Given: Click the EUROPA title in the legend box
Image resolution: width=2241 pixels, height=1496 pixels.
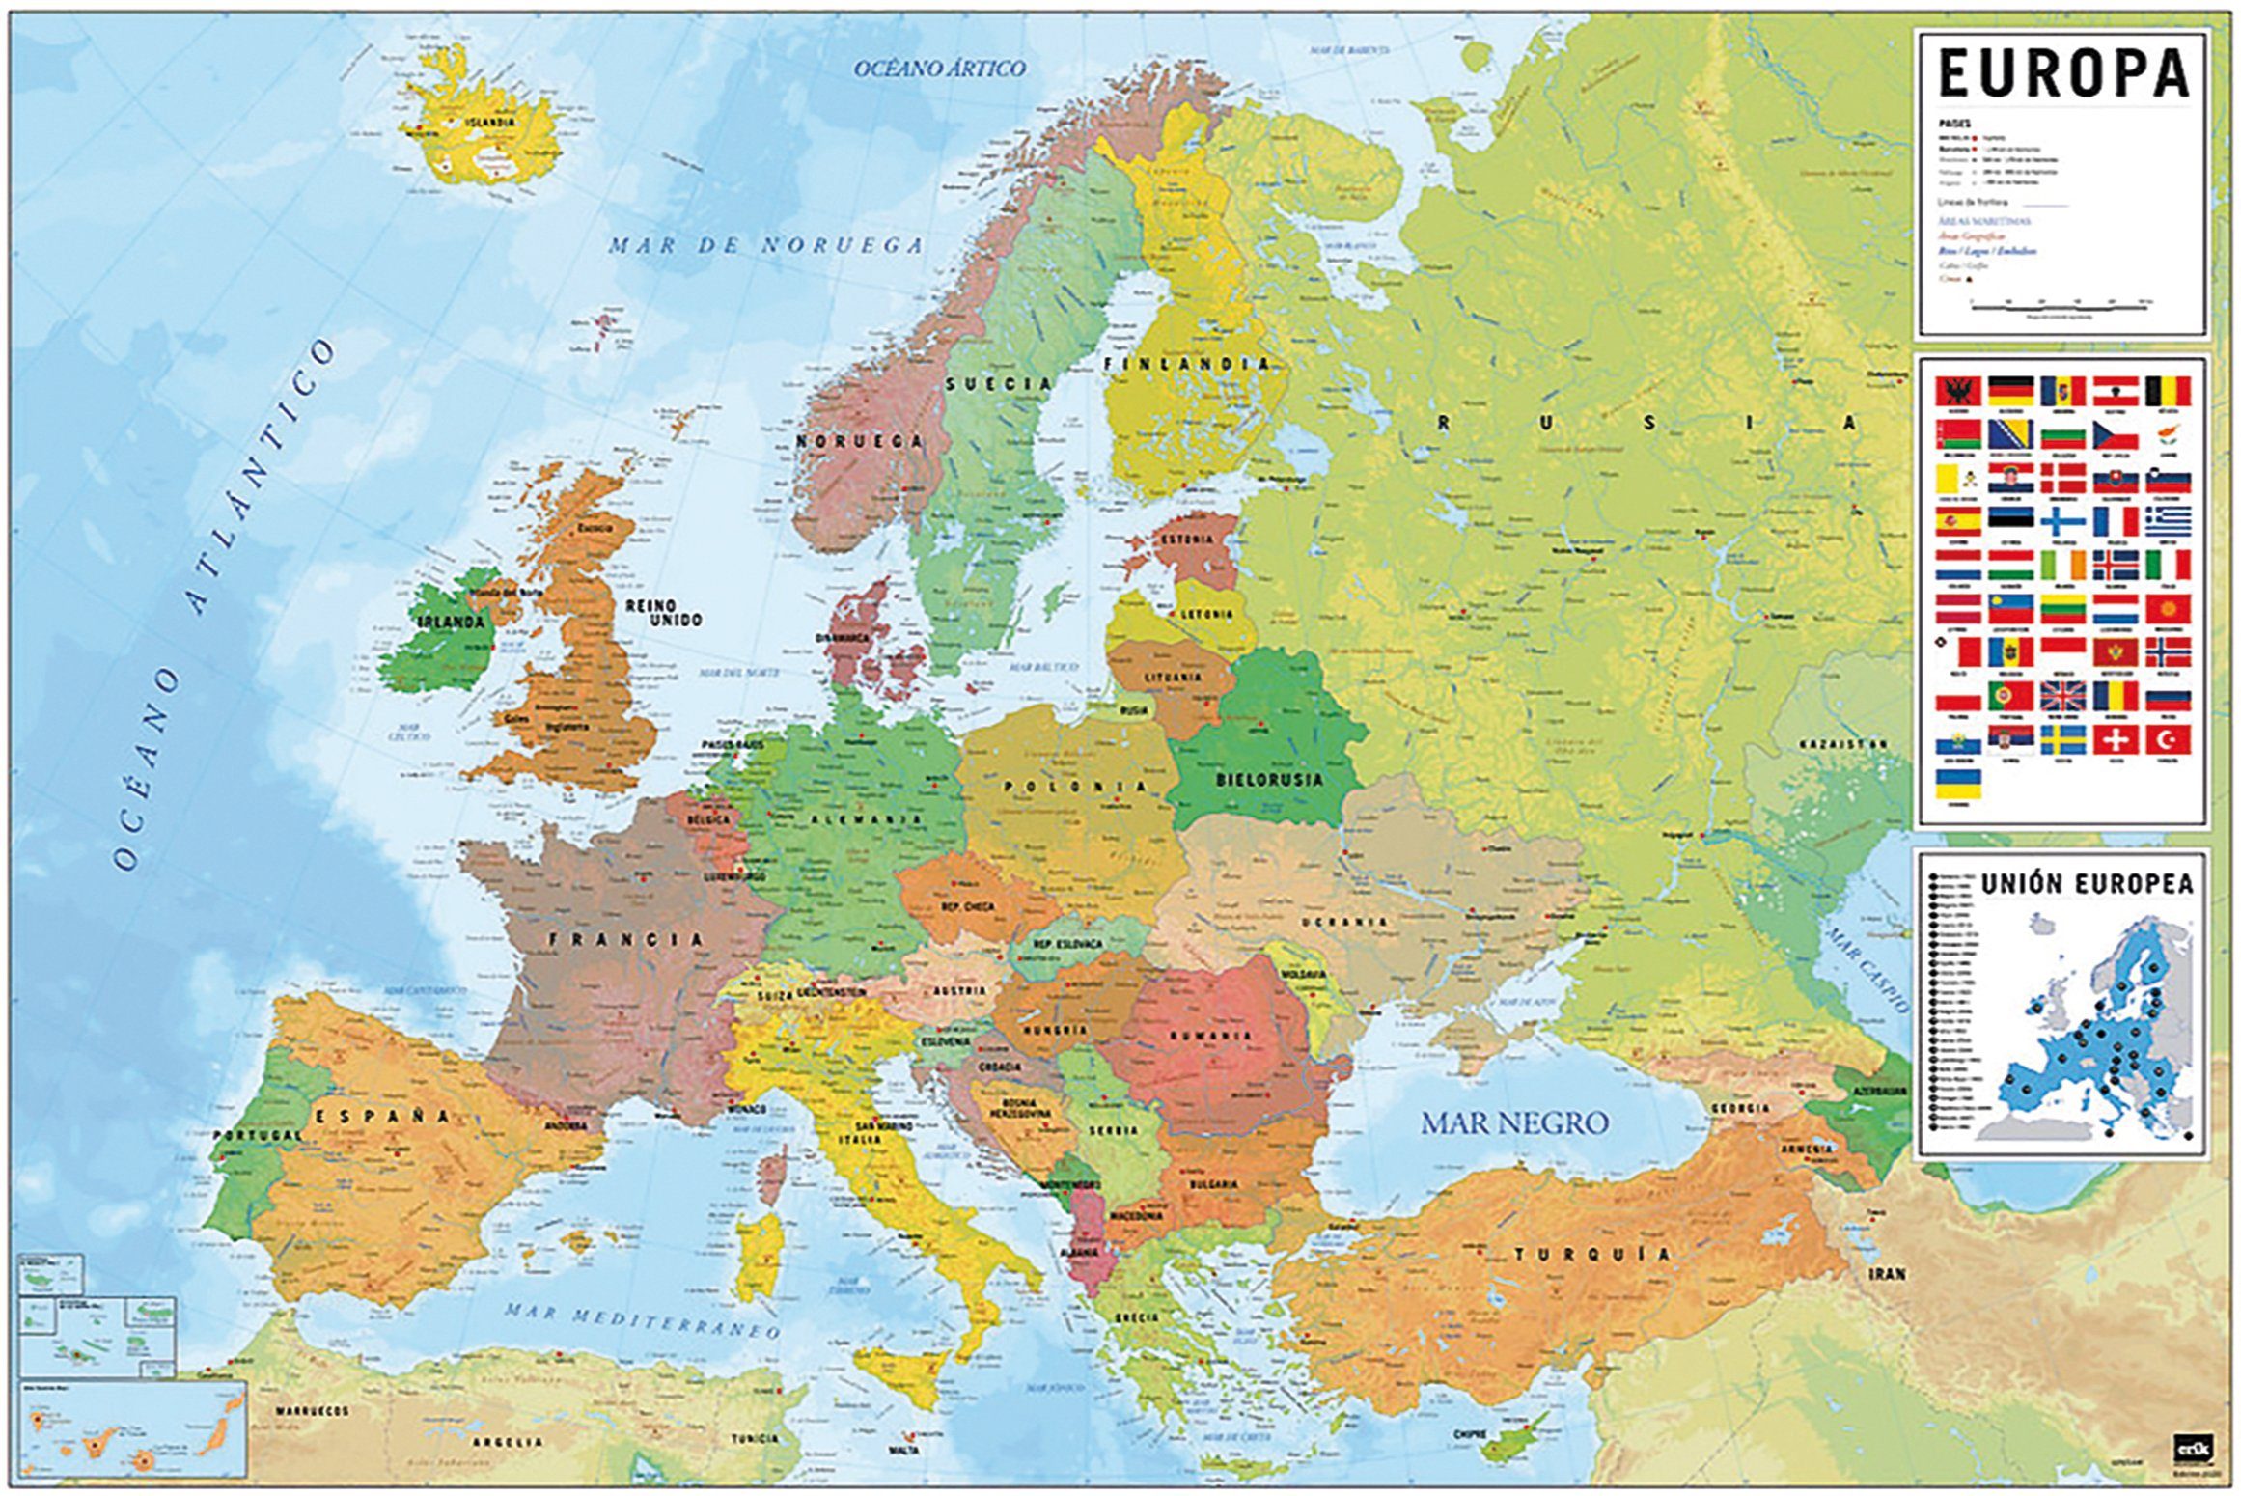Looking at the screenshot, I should point(2061,73).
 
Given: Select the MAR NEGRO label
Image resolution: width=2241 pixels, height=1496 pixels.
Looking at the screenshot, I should point(1513,1122).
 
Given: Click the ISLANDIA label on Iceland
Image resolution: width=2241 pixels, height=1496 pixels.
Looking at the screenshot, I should point(489,123).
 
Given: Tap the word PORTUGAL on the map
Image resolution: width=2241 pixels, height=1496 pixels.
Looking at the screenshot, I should point(257,1135).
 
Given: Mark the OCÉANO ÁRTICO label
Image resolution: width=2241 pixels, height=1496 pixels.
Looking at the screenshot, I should point(939,68).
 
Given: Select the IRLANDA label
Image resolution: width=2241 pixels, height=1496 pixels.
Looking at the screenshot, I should point(450,622).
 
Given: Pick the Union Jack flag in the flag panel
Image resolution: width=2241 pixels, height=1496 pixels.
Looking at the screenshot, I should point(2061,695).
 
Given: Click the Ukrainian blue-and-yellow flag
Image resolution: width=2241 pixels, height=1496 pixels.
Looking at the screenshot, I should point(1958,783).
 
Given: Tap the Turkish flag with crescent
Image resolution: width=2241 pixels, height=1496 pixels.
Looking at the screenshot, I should point(2168,739).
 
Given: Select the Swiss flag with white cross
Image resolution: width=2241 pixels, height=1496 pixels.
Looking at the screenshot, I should point(2115,739).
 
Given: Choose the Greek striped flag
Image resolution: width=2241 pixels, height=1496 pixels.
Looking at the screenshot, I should point(2168,521).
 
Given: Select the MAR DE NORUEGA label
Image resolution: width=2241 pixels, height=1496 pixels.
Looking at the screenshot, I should point(765,245).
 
